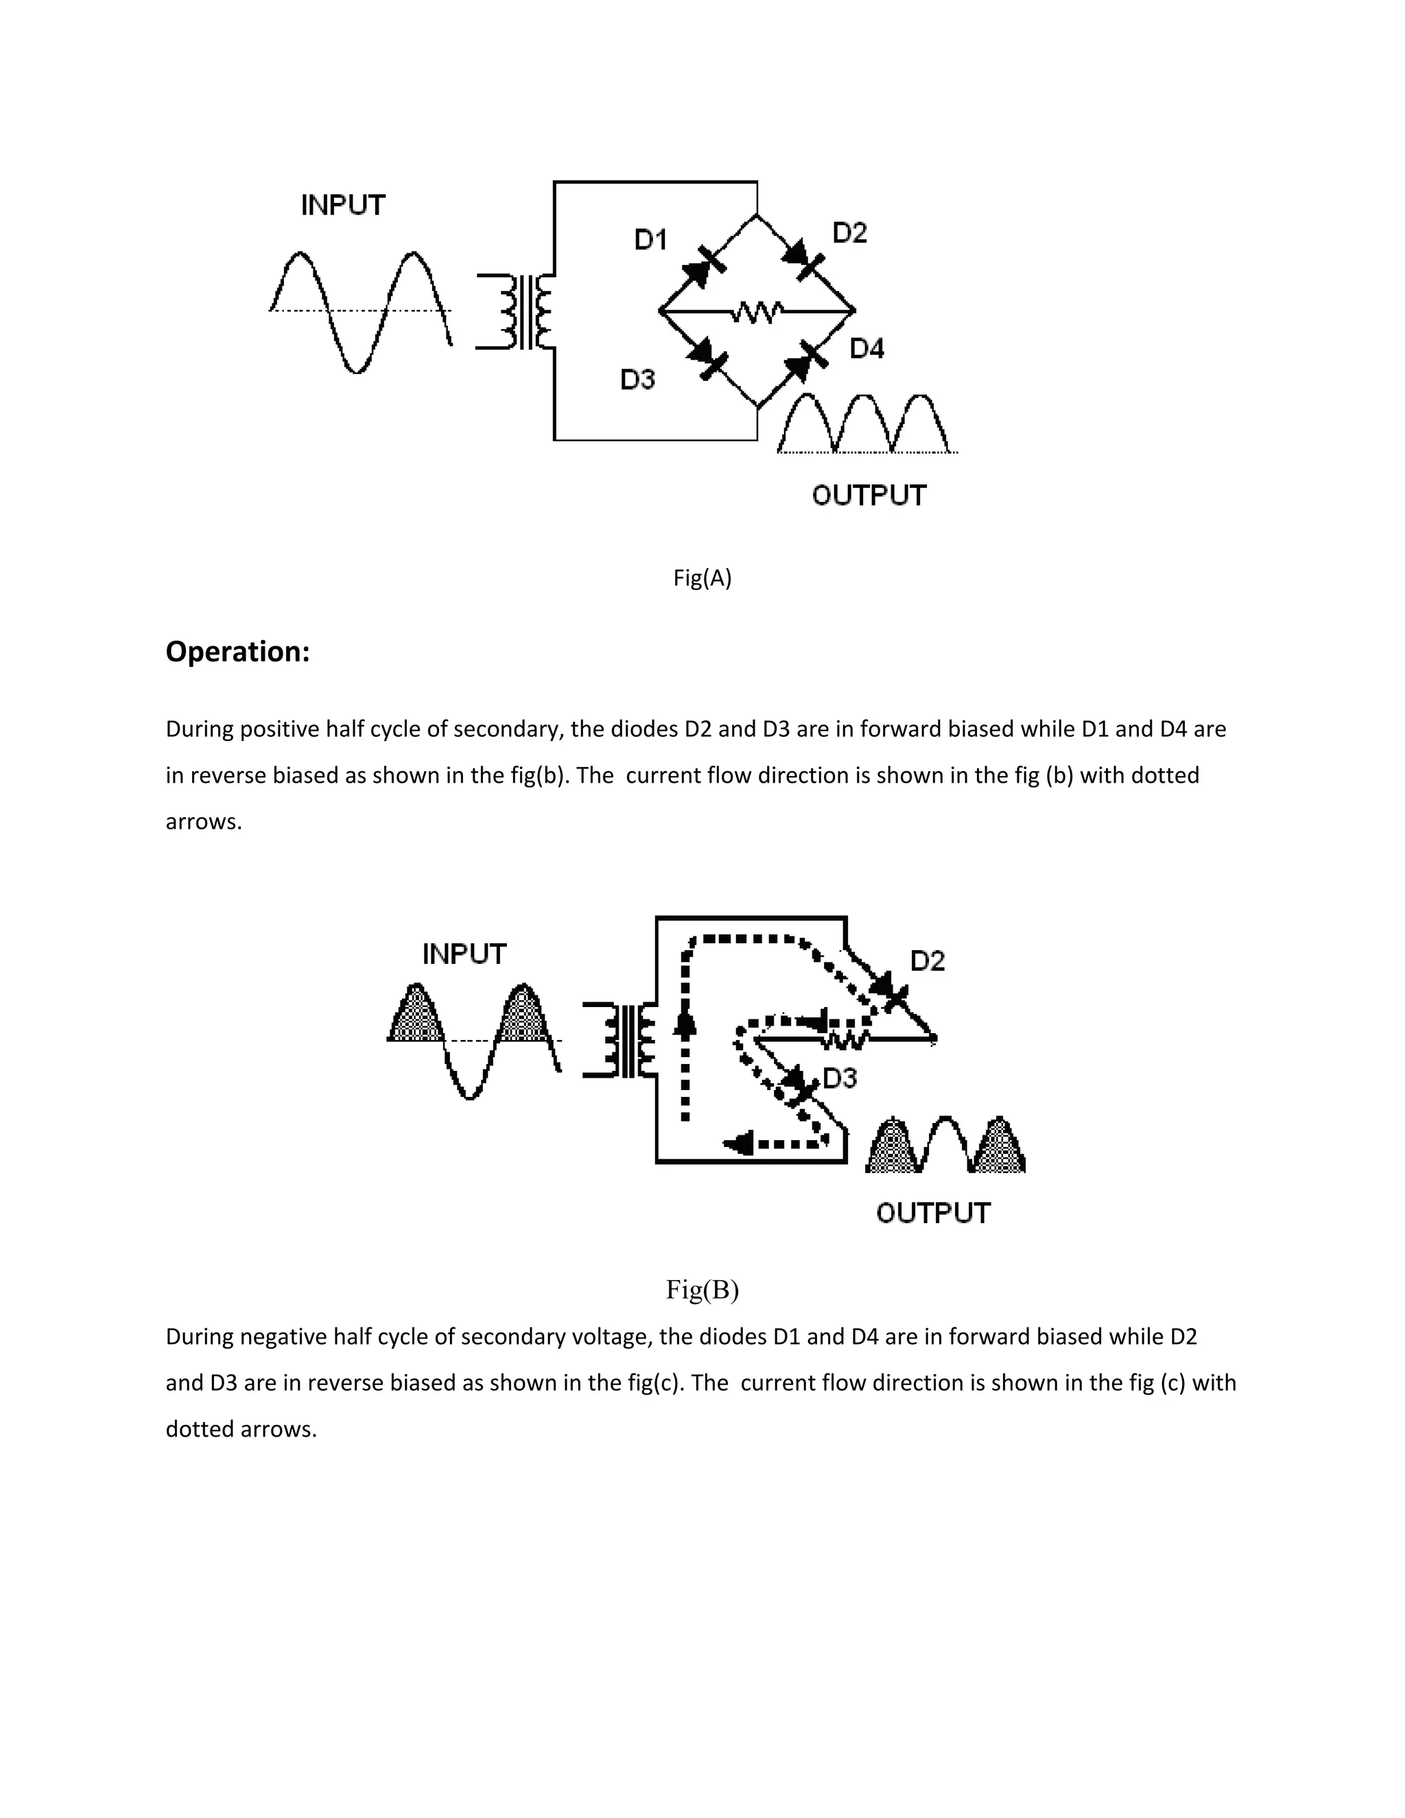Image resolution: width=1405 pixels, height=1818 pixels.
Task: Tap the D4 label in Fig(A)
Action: (866, 348)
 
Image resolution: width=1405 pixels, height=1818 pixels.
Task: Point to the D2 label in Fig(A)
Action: (850, 233)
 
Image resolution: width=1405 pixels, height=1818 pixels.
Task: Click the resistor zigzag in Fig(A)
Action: (756, 312)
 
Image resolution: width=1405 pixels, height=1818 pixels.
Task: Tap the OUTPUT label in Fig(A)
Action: (869, 495)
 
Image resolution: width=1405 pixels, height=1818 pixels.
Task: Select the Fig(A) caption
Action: (702, 578)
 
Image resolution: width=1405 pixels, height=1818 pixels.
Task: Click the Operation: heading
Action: (237, 651)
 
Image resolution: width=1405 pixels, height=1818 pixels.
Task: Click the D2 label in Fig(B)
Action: (928, 960)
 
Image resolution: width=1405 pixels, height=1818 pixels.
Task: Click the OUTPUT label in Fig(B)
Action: (933, 1213)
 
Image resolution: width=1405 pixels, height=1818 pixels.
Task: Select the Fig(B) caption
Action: (702, 1290)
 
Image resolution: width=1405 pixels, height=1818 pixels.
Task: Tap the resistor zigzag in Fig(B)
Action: (845, 1039)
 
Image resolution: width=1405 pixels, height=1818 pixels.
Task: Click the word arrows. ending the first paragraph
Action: (203, 822)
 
